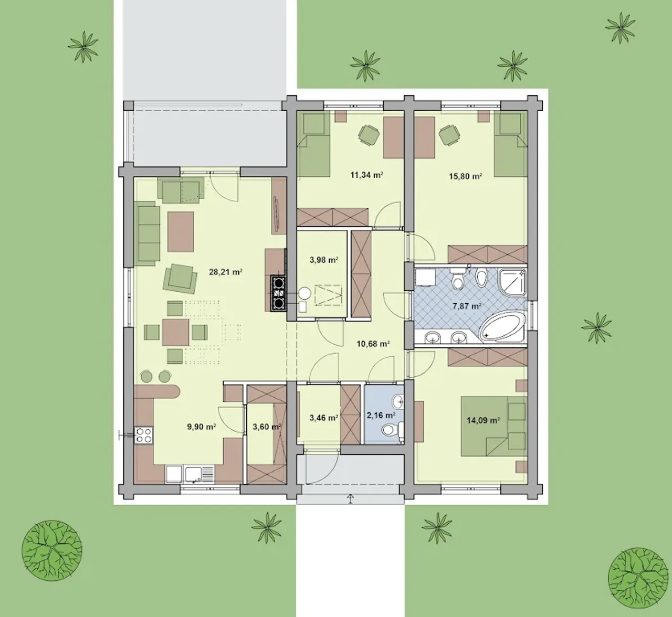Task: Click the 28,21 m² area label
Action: point(225,272)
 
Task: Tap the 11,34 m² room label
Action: point(366,175)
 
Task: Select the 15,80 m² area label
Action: point(465,176)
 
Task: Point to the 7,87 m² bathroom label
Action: point(467,306)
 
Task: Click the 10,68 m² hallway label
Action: point(373,344)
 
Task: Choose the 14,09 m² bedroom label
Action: point(484,420)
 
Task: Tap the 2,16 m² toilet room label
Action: point(381,416)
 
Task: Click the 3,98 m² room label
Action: point(323,260)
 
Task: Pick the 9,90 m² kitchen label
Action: point(201,427)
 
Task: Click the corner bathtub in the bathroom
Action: point(502,327)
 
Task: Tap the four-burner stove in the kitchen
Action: point(144,435)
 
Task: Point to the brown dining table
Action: point(175,332)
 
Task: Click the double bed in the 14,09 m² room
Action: point(494,426)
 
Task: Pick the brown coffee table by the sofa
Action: point(181,231)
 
